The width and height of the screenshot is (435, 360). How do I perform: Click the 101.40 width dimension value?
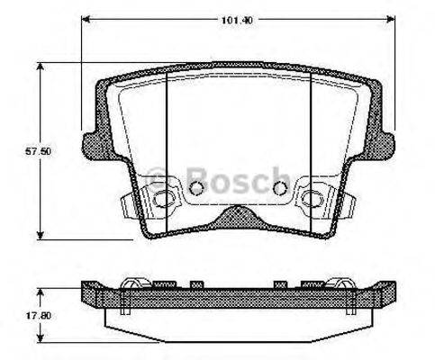coord(237,21)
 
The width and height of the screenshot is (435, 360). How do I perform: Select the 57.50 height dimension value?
coord(38,151)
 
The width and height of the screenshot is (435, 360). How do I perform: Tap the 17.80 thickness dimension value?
coord(38,316)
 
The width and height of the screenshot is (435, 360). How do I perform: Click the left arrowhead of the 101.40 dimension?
coord(86,20)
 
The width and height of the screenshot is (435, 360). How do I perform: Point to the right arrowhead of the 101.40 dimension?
coord(390,20)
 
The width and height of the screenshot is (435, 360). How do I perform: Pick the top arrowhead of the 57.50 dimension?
coord(40,67)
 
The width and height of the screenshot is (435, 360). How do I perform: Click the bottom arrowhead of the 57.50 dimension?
coord(40,236)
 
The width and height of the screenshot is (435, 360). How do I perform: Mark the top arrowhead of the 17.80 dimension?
coord(40,292)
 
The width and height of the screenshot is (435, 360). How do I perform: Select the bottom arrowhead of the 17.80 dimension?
coord(40,337)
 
